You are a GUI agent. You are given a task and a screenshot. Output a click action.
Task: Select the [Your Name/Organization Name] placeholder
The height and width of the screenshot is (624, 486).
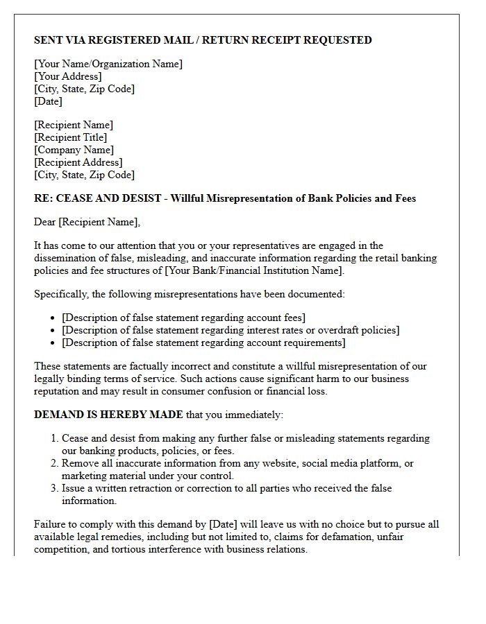click(108, 64)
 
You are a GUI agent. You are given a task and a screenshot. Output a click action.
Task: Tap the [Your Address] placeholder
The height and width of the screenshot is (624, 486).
click(68, 76)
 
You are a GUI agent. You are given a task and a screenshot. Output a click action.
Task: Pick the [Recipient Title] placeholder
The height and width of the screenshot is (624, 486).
click(70, 137)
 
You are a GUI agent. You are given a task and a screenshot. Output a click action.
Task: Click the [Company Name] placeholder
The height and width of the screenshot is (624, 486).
click(74, 150)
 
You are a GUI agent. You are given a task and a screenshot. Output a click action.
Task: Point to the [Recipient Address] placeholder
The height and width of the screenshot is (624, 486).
click(78, 162)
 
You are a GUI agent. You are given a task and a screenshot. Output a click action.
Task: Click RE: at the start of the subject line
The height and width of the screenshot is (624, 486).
click(42, 198)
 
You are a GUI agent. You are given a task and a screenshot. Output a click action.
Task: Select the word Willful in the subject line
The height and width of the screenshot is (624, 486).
click(189, 198)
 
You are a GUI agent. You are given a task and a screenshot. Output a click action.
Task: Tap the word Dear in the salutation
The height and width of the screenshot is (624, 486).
click(45, 222)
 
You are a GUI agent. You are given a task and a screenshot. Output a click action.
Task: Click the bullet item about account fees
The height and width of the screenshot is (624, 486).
click(183, 318)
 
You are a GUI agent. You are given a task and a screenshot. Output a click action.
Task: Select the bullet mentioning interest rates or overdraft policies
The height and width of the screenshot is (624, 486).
click(231, 330)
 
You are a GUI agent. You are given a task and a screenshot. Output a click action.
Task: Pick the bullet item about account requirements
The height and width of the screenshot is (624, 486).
click(203, 343)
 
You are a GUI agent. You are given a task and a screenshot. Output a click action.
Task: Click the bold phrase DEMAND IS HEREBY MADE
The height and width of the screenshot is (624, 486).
click(108, 415)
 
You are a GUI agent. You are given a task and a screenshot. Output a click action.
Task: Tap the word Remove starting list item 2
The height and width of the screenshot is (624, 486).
click(80, 463)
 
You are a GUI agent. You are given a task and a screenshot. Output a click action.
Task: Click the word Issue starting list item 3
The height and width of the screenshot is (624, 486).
click(74, 488)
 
